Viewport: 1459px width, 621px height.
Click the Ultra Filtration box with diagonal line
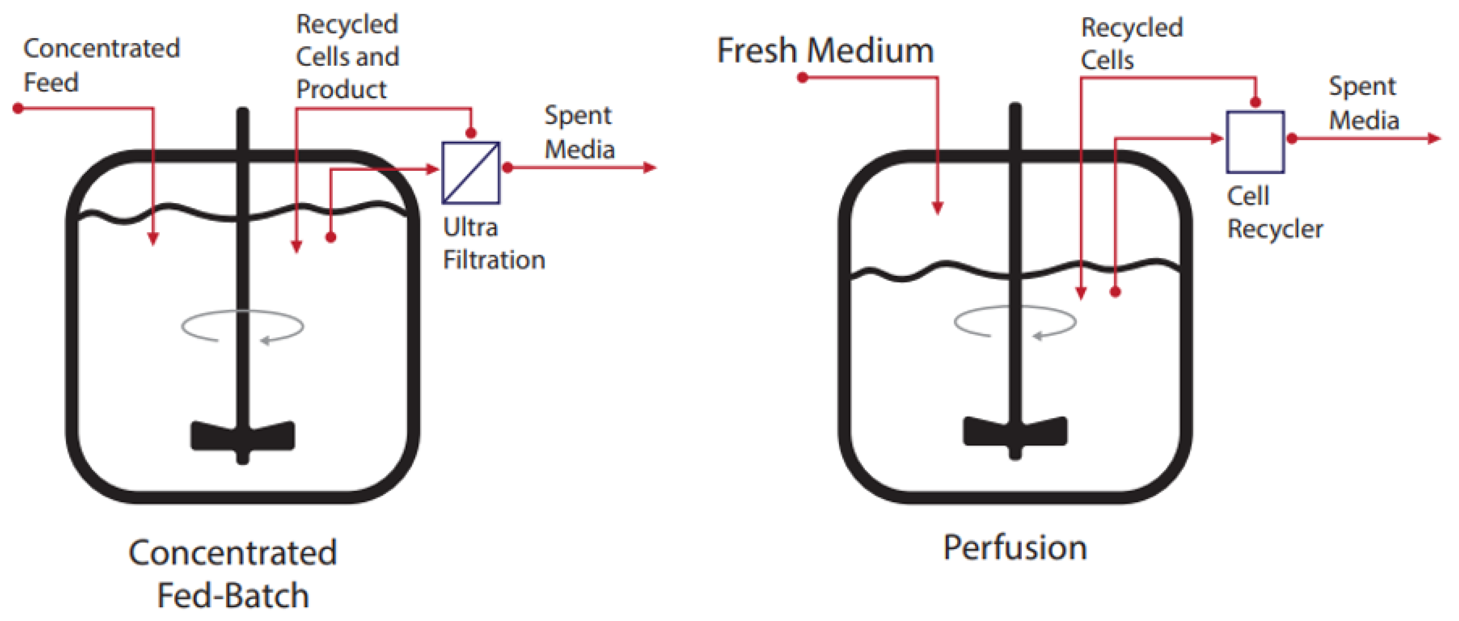(471, 173)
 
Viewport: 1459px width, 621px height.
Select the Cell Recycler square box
(1255, 142)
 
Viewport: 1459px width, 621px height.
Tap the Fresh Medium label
(825, 51)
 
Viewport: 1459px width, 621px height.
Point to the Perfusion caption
(1014, 548)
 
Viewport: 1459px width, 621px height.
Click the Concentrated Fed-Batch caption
(233, 574)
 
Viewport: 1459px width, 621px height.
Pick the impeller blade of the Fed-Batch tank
(242, 436)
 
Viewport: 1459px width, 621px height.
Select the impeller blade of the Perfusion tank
(1015, 431)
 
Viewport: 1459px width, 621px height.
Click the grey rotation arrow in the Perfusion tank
(1015, 322)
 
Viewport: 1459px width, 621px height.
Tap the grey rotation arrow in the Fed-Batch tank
(242, 326)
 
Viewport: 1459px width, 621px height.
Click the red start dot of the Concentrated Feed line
(18, 108)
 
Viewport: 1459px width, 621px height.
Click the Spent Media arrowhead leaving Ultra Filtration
(650, 168)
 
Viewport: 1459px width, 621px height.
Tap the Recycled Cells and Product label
(347, 57)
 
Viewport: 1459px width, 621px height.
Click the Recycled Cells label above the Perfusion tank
(1131, 43)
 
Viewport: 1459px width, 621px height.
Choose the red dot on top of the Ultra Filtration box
(471, 134)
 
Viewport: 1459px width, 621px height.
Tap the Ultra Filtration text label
(493, 244)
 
